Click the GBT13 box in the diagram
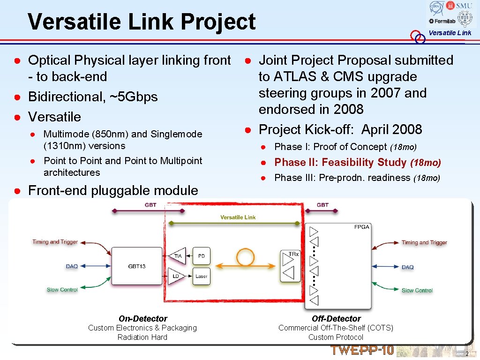(136, 266)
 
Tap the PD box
(201, 256)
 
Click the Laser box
(201, 276)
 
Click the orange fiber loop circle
(245, 256)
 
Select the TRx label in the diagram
(293, 254)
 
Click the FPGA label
(361, 227)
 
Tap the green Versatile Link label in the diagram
(238, 217)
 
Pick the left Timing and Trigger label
(55, 242)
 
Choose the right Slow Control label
(417, 291)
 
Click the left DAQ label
(72, 266)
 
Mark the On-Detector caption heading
(142, 319)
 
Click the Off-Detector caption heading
(336, 319)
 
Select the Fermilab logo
(441, 21)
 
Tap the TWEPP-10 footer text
(362, 350)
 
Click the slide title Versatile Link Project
(142, 22)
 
